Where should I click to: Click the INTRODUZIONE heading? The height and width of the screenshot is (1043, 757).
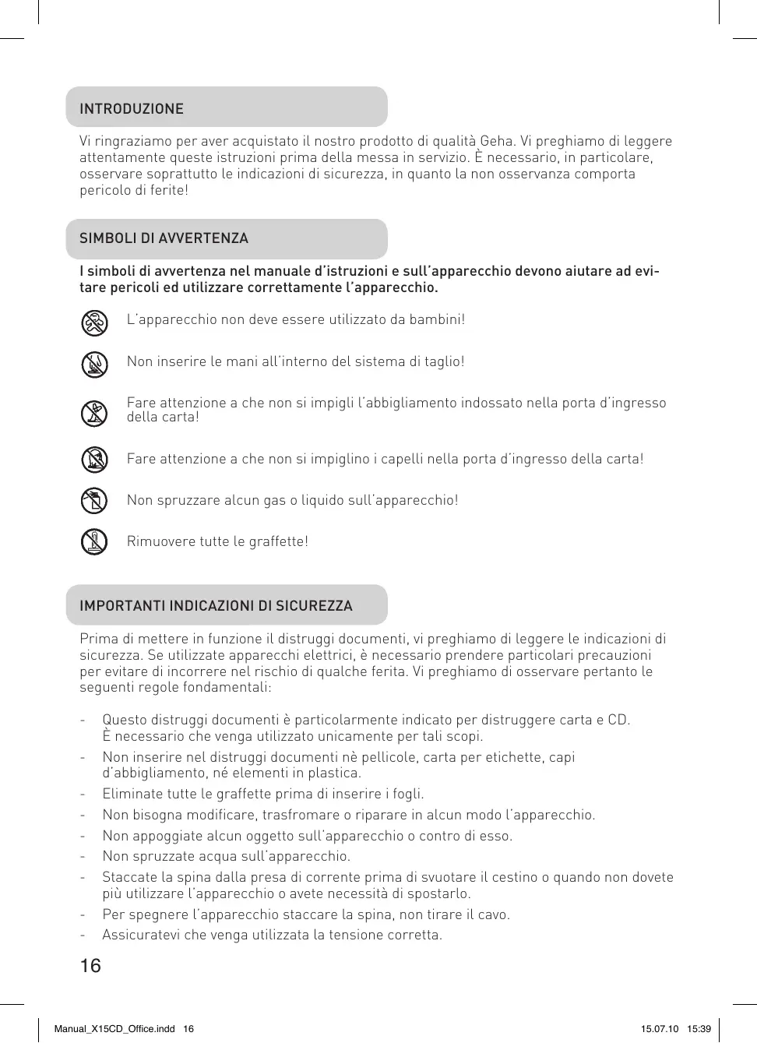(x=132, y=109)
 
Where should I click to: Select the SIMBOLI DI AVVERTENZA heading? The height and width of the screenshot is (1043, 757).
(x=164, y=238)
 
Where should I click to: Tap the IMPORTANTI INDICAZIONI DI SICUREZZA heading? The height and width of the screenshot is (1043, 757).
(x=216, y=606)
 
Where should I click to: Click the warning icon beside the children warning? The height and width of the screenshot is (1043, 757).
(x=94, y=322)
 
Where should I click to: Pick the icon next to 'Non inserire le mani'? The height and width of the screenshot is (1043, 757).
(x=94, y=364)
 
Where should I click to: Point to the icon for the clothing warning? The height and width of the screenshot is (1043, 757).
(x=94, y=413)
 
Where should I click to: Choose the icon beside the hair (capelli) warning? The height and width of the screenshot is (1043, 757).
(x=94, y=460)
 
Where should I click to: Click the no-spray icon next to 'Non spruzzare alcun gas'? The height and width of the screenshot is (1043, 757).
(x=94, y=500)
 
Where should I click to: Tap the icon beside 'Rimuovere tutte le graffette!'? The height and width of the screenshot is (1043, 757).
(x=94, y=541)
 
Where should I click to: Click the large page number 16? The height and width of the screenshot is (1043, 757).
(x=90, y=966)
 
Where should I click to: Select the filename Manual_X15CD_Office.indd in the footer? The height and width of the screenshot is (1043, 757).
(x=114, y=1029)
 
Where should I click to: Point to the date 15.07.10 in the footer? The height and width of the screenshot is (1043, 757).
(x=660, y=1029)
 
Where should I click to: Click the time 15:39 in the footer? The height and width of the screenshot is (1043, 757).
(x=699, y=1029)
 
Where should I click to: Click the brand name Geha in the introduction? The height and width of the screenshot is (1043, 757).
(x=497, y=142)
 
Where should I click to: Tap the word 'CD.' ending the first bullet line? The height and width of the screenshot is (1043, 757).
(x=619, y=720)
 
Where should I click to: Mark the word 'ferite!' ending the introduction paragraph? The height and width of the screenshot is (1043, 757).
(x=169, y=190)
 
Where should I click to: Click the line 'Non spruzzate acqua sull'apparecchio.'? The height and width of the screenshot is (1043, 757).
(x=226, y=856)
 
